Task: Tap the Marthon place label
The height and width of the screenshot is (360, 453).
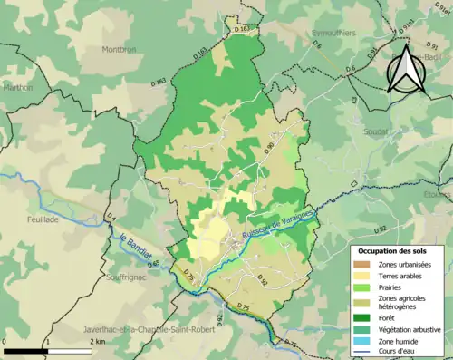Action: click(x=17, y=88)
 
